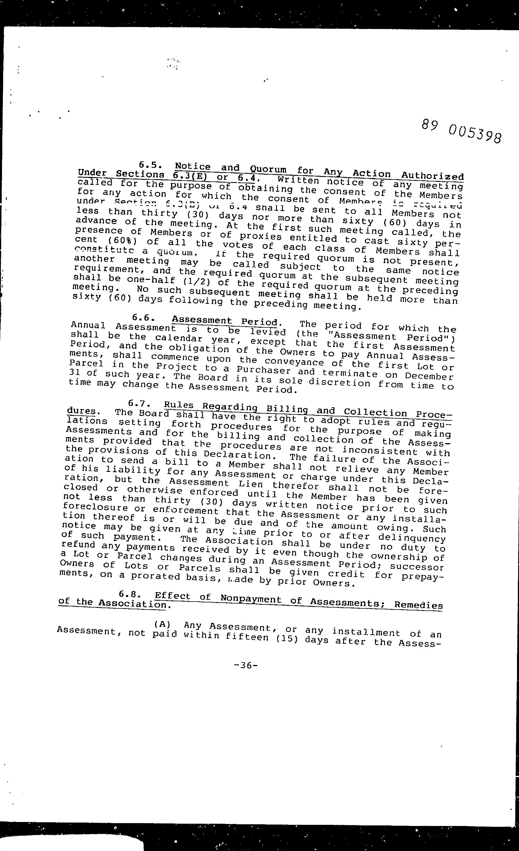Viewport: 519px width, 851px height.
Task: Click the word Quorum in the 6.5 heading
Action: [268, 170]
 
